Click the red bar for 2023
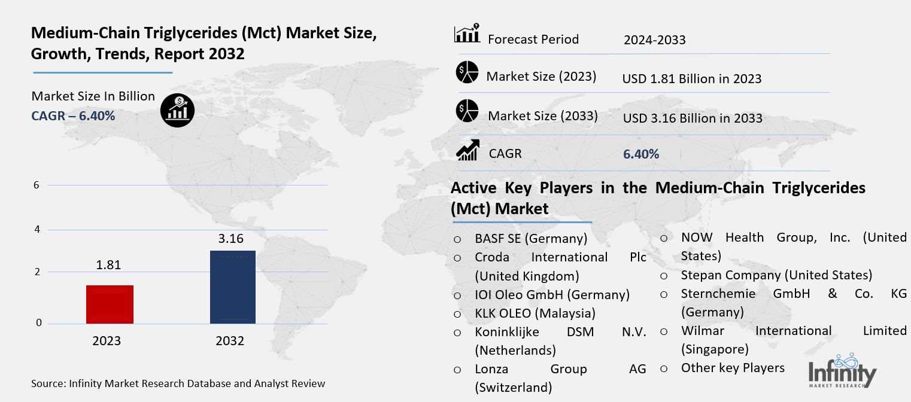click(x=110, y=304)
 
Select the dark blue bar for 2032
click(x=233, y=287)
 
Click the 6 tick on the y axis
click(x=37, y=185)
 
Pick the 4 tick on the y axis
click(x=37, y=230)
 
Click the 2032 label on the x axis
click(x=230, y=341)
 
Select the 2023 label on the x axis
click(x=107, y=341)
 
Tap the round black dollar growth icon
click(x=177, y=109)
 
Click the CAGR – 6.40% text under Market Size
click(x=73, y=115)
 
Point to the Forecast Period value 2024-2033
click(x=654, y=40)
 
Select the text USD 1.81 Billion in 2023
click(x=691, y=78)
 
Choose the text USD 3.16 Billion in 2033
click(x=693, y=118)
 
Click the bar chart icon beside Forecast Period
click(x=467, y=34)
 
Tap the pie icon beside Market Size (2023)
click(x=467, y=72)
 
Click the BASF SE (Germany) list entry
click(x=531, y=239)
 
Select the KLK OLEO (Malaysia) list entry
click(x=535, y=313)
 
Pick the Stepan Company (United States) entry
click(x=776, y=275)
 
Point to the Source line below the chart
click(x=178, y=383)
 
